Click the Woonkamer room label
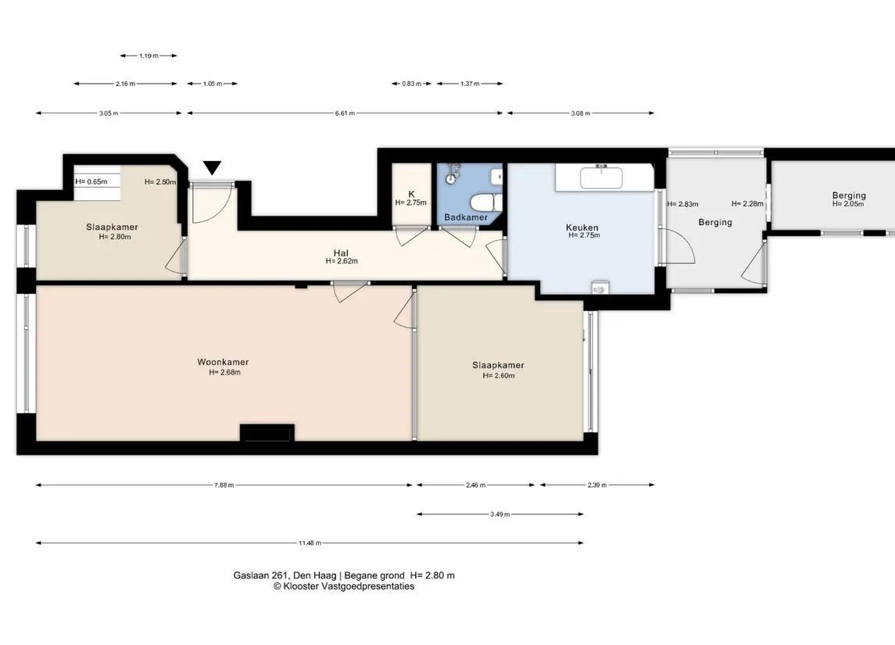pos(224,362)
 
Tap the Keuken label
pos(582,228)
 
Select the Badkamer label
pos(466,217)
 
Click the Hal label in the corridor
pos(341,253)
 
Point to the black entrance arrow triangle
pos(213,167)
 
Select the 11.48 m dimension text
pos(310,543)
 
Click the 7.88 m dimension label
pos(224,486)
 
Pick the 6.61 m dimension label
pos(345,113)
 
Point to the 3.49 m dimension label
pos(500,514)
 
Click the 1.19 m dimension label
pos(149,56)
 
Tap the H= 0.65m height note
pos(91,182)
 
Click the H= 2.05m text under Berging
pos(848,204)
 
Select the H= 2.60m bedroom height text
pos(499,375)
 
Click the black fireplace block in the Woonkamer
pos(267,433)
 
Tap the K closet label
pos(411,194)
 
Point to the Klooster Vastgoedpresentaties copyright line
pos(344,586)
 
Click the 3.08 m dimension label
pos(581,113)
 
